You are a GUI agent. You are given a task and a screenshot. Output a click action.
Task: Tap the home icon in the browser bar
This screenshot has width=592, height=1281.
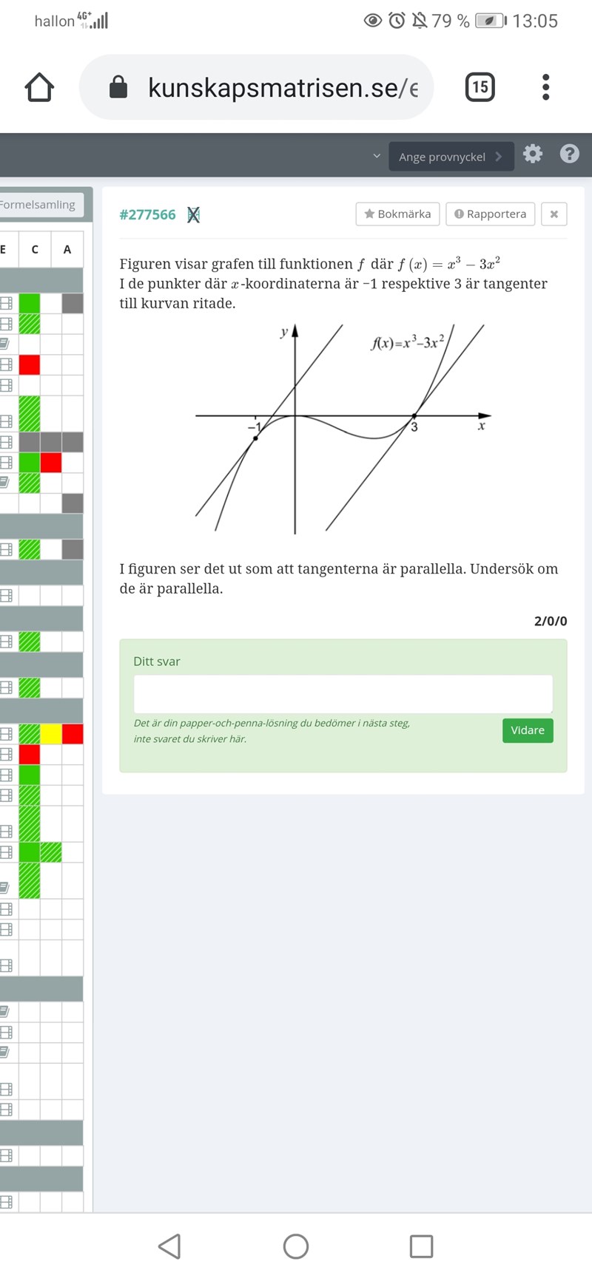point(39,87)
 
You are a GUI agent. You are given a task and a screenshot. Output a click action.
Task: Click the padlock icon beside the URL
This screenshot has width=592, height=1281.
point(118,87)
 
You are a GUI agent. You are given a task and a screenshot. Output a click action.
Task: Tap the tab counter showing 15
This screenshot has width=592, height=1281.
point(480,87)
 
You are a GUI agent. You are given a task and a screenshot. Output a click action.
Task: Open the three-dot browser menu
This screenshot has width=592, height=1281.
point(546,87)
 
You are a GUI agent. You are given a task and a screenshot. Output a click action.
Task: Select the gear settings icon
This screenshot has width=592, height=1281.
point(533,154)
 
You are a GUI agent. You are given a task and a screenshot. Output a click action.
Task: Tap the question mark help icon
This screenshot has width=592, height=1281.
point(569,154)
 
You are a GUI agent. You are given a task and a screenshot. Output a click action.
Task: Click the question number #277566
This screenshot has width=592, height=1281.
point(147,214)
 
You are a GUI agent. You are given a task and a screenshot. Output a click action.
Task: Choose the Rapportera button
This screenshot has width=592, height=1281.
point(490,214)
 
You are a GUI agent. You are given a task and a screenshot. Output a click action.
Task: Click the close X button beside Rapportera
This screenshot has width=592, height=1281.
point(554,214)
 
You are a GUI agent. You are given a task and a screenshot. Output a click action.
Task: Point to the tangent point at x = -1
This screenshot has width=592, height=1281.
point(255,438)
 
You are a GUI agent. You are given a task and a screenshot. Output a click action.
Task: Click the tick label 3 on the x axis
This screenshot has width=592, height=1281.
point(414,427)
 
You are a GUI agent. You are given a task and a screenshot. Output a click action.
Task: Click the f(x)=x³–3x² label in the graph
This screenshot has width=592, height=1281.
point(408,342)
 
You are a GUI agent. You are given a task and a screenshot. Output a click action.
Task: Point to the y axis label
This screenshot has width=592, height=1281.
point(283,333)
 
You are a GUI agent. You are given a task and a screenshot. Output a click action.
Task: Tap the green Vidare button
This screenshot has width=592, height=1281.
point(528,730)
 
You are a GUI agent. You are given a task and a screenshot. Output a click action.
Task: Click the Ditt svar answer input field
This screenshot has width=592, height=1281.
point(343,694)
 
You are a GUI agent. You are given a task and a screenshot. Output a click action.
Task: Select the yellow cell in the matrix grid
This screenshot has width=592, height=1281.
point(51,734)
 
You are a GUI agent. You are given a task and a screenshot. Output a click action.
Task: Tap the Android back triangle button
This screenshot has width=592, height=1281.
point(170,1246)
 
